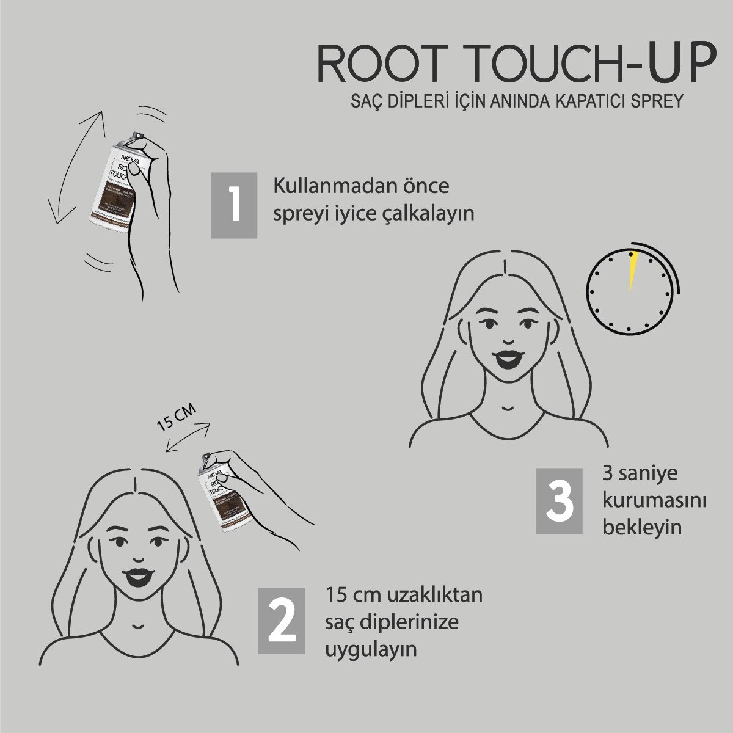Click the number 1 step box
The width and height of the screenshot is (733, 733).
(x=234, y=205)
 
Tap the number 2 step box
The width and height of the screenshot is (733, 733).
(x=281, y=620)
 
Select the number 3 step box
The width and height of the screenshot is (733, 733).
(x=559, y=501)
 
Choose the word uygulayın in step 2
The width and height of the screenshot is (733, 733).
(x=371, y=649)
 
